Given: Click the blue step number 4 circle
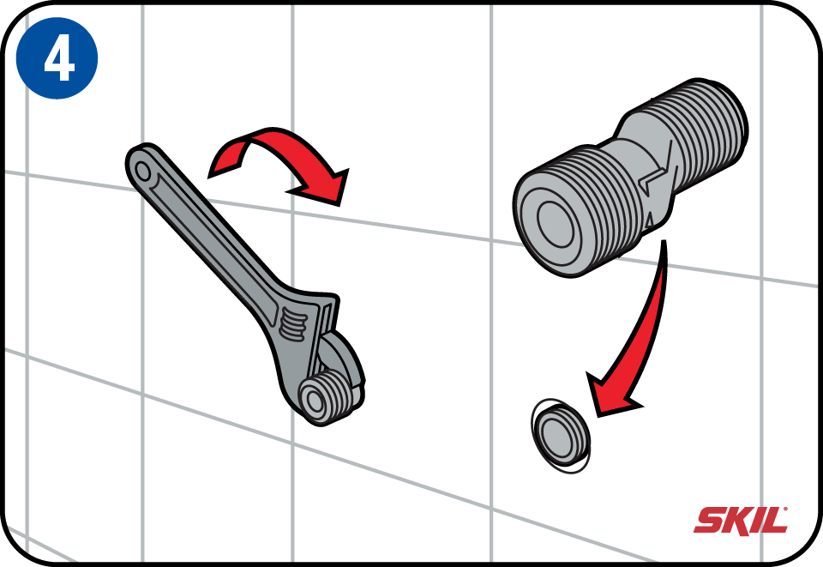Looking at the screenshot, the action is click(57, 57).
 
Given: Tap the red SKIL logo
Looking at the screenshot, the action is click(741, 521).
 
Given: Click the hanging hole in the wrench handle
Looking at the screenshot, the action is click(142, 170).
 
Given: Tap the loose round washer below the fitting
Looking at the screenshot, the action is click(561, 436).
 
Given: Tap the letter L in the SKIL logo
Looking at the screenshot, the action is click(777, 521).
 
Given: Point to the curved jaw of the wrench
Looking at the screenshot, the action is click(342, 362).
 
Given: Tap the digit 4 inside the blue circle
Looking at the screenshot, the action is click(59, 59).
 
